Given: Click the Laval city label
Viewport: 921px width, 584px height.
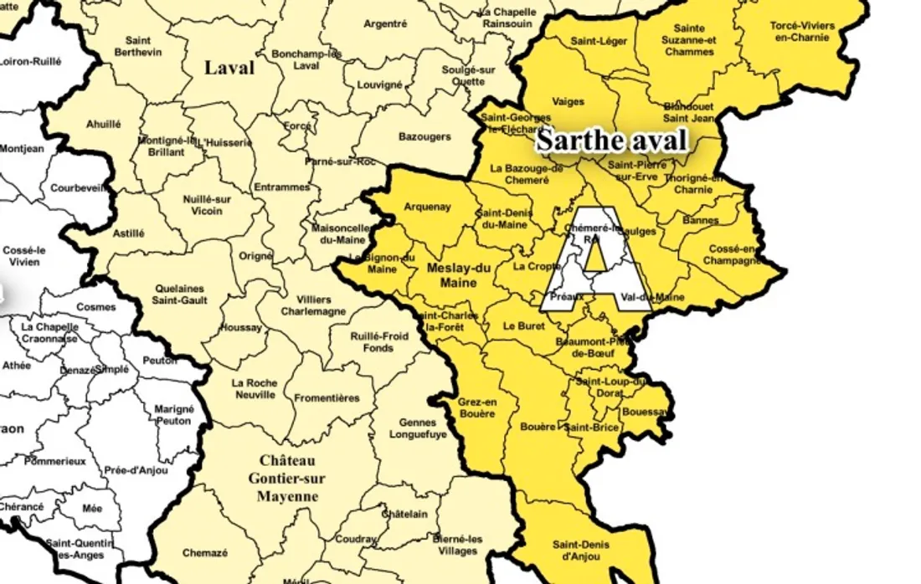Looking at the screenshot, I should pyautogui.click(x=229, y=69).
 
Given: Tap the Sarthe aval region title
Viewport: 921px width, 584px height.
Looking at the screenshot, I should pyautogui.click(x=611, y=140).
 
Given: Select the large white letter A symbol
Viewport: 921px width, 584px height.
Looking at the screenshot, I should pyautogui.click(x=595, y=260).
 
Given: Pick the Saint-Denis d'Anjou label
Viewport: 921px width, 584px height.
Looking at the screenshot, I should pyautogui.click(x=580, y=551).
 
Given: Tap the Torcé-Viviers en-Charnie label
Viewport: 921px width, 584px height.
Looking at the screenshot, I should pyautogui.click(x=801, y=32).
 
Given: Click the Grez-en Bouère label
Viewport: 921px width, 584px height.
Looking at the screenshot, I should pyautogui.click(x=476, y=407).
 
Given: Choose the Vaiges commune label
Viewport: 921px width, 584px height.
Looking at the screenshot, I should pyautogui.click(x=569, y=102).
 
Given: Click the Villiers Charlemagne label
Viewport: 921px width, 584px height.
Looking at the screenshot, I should pyautogui.click(x=314, y=305).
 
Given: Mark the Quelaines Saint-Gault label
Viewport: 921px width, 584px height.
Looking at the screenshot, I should pyautogui.click(x=178, y=295).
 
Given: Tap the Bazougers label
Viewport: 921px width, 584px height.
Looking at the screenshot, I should pyautogui.click(x=424, y=136).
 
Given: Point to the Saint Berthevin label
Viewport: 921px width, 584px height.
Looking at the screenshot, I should pyautogui.click(x=138, y=46).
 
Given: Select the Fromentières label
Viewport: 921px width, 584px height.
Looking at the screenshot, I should pyautogui.click(x=327, y=398).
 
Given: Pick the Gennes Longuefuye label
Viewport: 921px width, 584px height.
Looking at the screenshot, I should pyautogui.click(x=418, y=428).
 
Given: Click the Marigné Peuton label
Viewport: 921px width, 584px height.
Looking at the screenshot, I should pyautogui.click(x=174, y=415).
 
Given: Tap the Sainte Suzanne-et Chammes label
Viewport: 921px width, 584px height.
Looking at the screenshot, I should pyautogui.click(x=689, y=40).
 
